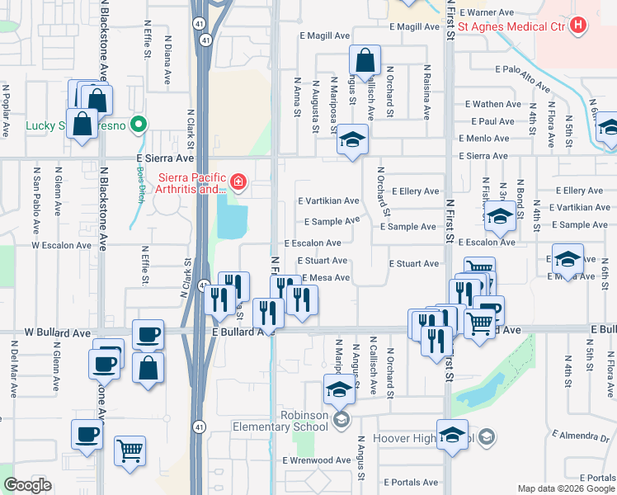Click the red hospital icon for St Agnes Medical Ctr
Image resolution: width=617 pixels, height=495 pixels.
[578, 26]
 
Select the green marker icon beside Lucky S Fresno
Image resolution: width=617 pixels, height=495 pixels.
[139, 125]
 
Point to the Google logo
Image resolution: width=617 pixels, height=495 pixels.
[27, 485]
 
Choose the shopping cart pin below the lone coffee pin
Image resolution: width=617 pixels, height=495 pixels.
[130, 450]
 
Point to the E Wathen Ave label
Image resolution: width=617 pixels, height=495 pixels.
[493, 105]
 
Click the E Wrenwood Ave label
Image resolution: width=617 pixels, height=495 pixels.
[317, 460]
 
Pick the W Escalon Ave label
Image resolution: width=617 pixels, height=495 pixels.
[59, 245]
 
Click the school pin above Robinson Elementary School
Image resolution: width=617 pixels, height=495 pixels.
[338, 389]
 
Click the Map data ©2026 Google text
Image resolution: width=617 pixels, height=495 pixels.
[566, 488]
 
